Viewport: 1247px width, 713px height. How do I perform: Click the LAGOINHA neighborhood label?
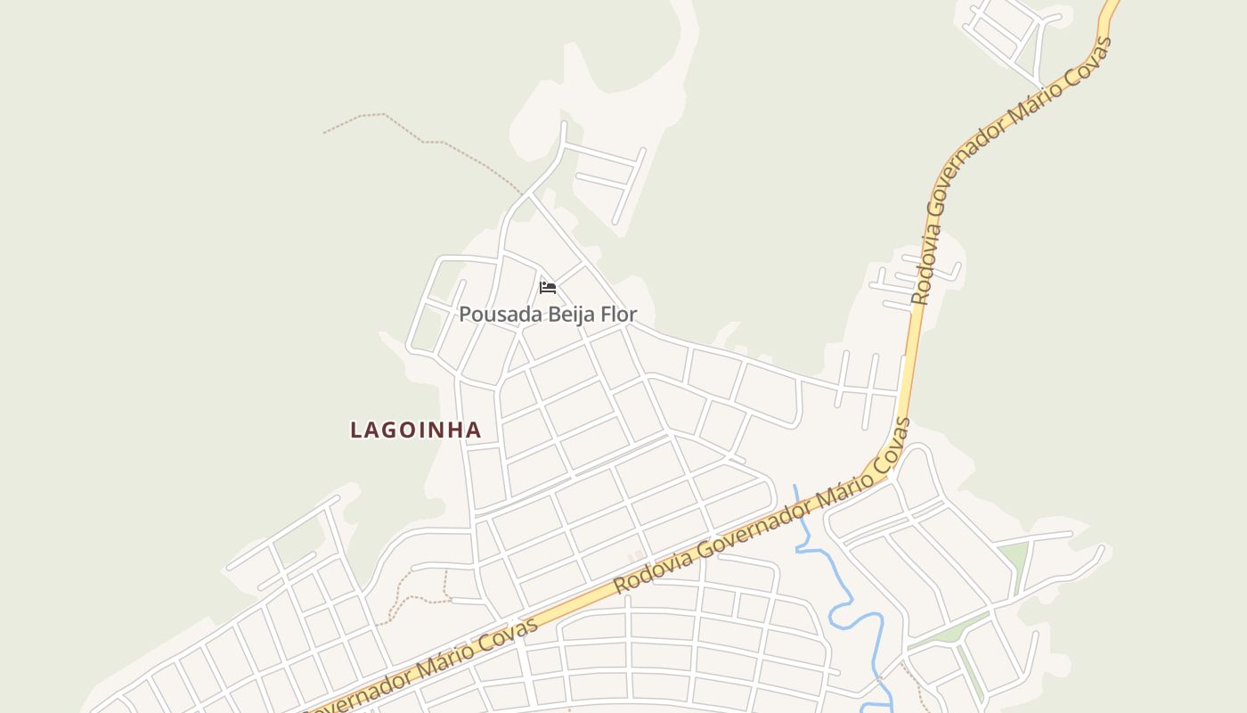[415, 430]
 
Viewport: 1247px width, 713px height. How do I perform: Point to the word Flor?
[619, 315]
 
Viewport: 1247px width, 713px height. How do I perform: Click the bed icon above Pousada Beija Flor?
[548, 287]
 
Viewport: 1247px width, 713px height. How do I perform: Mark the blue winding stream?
[842, 606]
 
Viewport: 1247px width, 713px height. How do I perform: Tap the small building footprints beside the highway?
[635, 557]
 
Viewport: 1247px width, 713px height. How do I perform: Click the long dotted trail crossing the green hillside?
[428, 138]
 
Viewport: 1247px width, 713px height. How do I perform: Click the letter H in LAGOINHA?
[454, 430]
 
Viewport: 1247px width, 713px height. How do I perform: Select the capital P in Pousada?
[465, 315]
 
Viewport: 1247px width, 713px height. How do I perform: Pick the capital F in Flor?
[607, 315]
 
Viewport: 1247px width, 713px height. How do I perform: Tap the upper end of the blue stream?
[795, 488]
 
